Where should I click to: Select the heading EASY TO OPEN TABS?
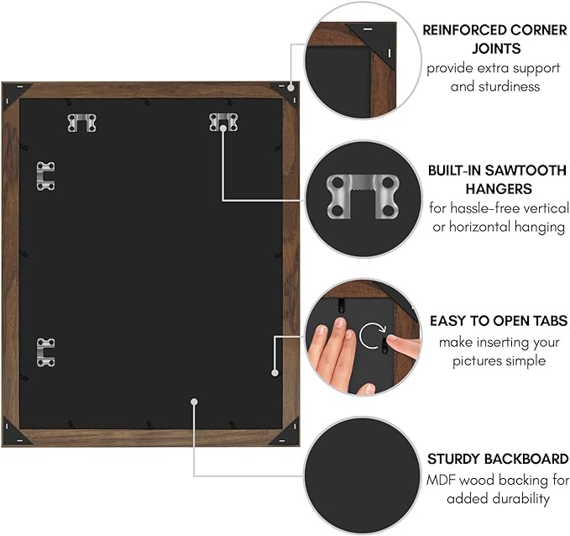499,321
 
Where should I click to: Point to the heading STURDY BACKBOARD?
498,459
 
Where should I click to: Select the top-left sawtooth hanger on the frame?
81,123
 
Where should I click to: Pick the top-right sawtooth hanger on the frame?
223,123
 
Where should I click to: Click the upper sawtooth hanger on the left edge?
45,176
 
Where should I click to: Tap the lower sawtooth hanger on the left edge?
45,352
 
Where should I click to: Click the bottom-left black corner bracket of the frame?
14,431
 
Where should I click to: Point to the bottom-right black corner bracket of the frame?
289,431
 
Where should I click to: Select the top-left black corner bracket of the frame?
14,93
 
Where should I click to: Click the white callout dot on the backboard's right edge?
275,372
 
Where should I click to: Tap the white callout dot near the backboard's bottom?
194,402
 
